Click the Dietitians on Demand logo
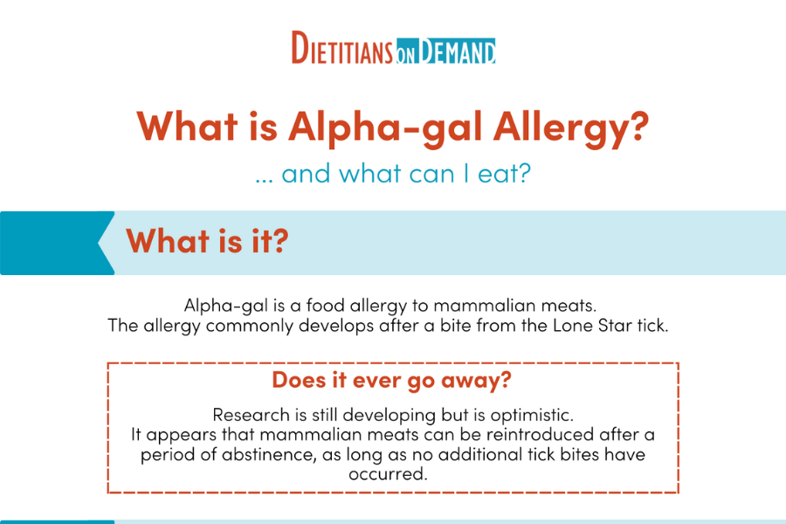(x=393, y=49)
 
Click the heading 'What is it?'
(x=207, y=241)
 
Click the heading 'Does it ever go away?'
(x=392, y=380)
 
